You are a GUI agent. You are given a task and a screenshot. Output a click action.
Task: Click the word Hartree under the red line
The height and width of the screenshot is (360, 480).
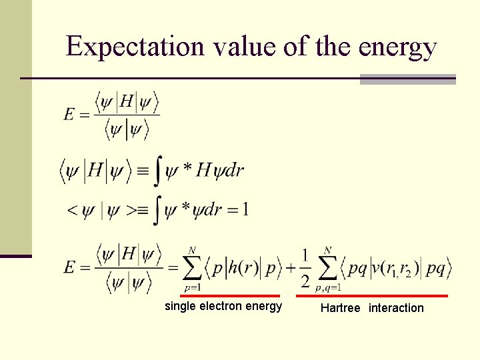point(340,308)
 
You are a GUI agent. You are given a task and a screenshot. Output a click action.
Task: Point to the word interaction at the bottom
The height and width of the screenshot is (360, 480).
point(396,308)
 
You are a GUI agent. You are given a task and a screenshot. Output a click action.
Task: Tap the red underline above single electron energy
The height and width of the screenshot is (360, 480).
point(221,295)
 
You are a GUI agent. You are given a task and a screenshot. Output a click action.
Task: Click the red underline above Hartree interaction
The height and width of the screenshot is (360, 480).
point(373,295)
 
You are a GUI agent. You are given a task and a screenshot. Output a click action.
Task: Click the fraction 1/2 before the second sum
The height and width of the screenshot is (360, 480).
point(305,268)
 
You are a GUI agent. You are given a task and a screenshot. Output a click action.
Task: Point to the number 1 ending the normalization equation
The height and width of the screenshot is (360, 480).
point(245,210)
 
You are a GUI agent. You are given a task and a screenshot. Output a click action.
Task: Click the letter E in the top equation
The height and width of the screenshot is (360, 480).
point(69,115)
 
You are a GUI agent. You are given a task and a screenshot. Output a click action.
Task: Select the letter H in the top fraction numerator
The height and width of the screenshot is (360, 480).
point(127,103)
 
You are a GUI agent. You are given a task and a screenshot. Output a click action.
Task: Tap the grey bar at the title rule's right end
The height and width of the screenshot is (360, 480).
point(407,79)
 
